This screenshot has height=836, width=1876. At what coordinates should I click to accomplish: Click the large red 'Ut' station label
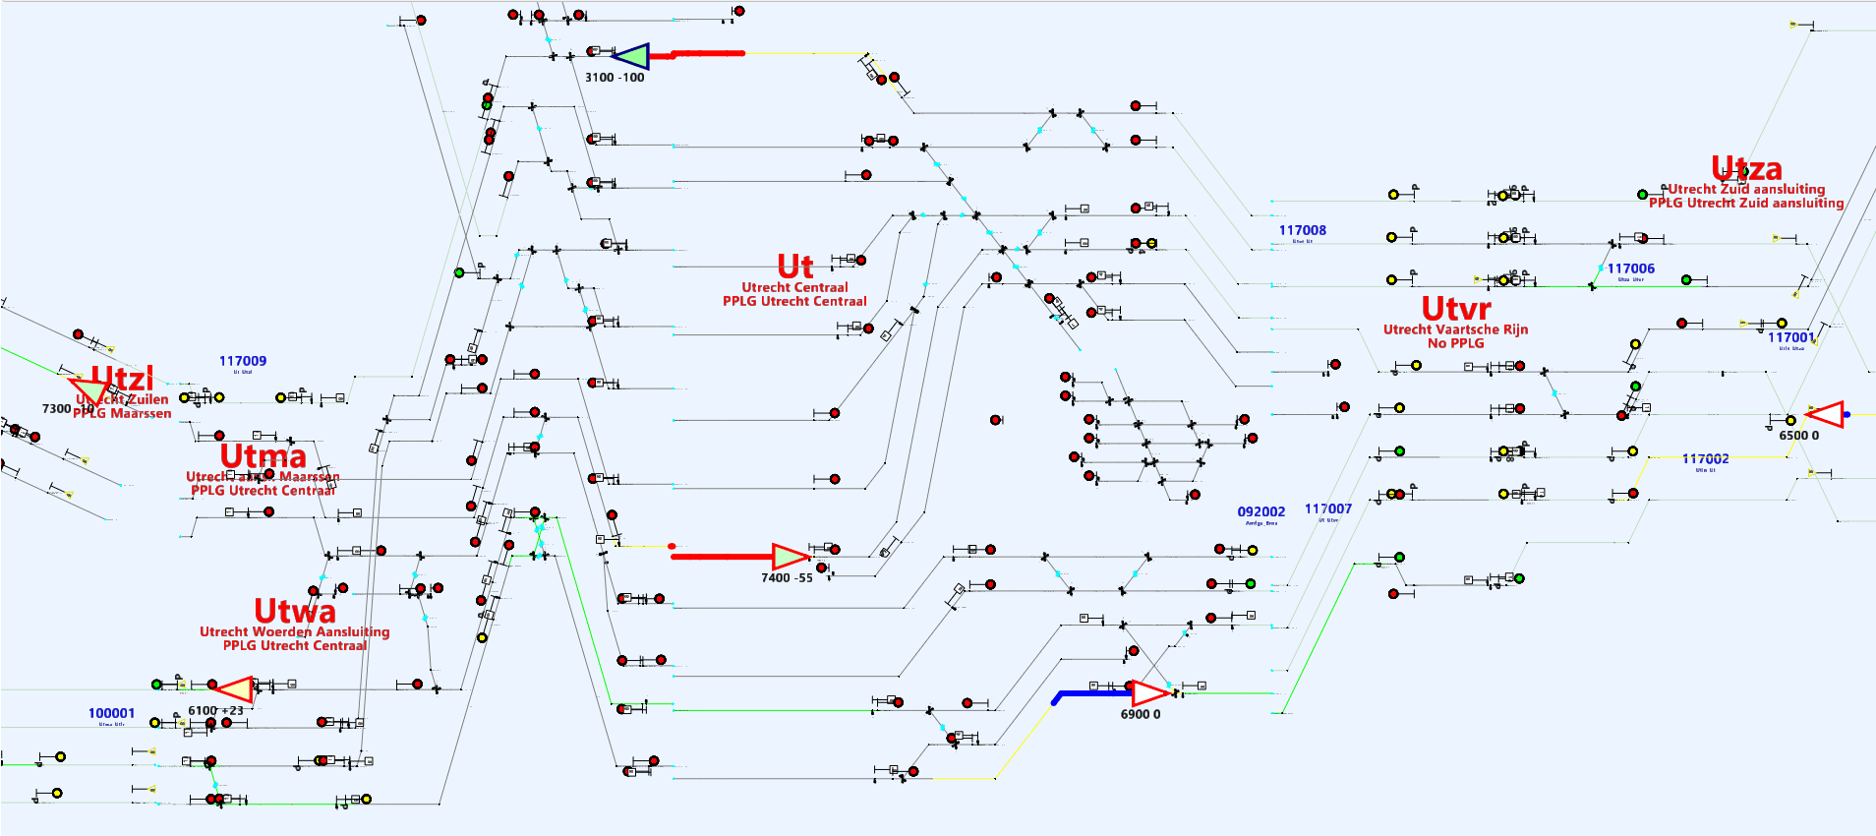pos(795,267)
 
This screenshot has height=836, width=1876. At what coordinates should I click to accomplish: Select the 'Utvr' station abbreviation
pos(1455,309)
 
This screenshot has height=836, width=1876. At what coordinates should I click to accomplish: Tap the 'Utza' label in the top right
pos(1746,168)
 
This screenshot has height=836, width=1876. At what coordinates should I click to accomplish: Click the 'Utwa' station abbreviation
pos(294,611)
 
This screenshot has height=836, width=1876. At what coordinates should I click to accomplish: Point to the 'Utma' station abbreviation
pos(263,456)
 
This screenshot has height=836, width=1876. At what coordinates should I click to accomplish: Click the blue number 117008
pos(1302,230)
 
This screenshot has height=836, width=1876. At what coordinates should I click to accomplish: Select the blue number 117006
pos(1630,269)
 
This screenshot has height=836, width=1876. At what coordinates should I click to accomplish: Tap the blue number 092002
pos(1260,511)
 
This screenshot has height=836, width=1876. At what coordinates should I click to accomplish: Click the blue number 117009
pos(242,361)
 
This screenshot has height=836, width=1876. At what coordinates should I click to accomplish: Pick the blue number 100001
pos(111,713)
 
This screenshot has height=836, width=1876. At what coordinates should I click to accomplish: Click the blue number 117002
pos(1705,458)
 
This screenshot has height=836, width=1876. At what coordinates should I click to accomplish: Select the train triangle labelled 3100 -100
pos(630,56)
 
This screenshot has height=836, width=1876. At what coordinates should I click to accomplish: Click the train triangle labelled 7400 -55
pos(789,557)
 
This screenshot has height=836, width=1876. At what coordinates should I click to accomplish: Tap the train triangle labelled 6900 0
pos(1148,693)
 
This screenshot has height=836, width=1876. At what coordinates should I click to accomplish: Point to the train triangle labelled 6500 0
pos(1826,414)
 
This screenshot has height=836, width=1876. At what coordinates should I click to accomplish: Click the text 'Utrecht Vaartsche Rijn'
pos(1455,329)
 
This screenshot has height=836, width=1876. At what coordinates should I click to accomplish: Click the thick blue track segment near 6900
pos(1091,693)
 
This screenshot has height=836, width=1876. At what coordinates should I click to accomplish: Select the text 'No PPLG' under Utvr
pos(1455,343)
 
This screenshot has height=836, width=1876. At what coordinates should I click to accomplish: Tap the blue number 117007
pos(1327,508)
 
